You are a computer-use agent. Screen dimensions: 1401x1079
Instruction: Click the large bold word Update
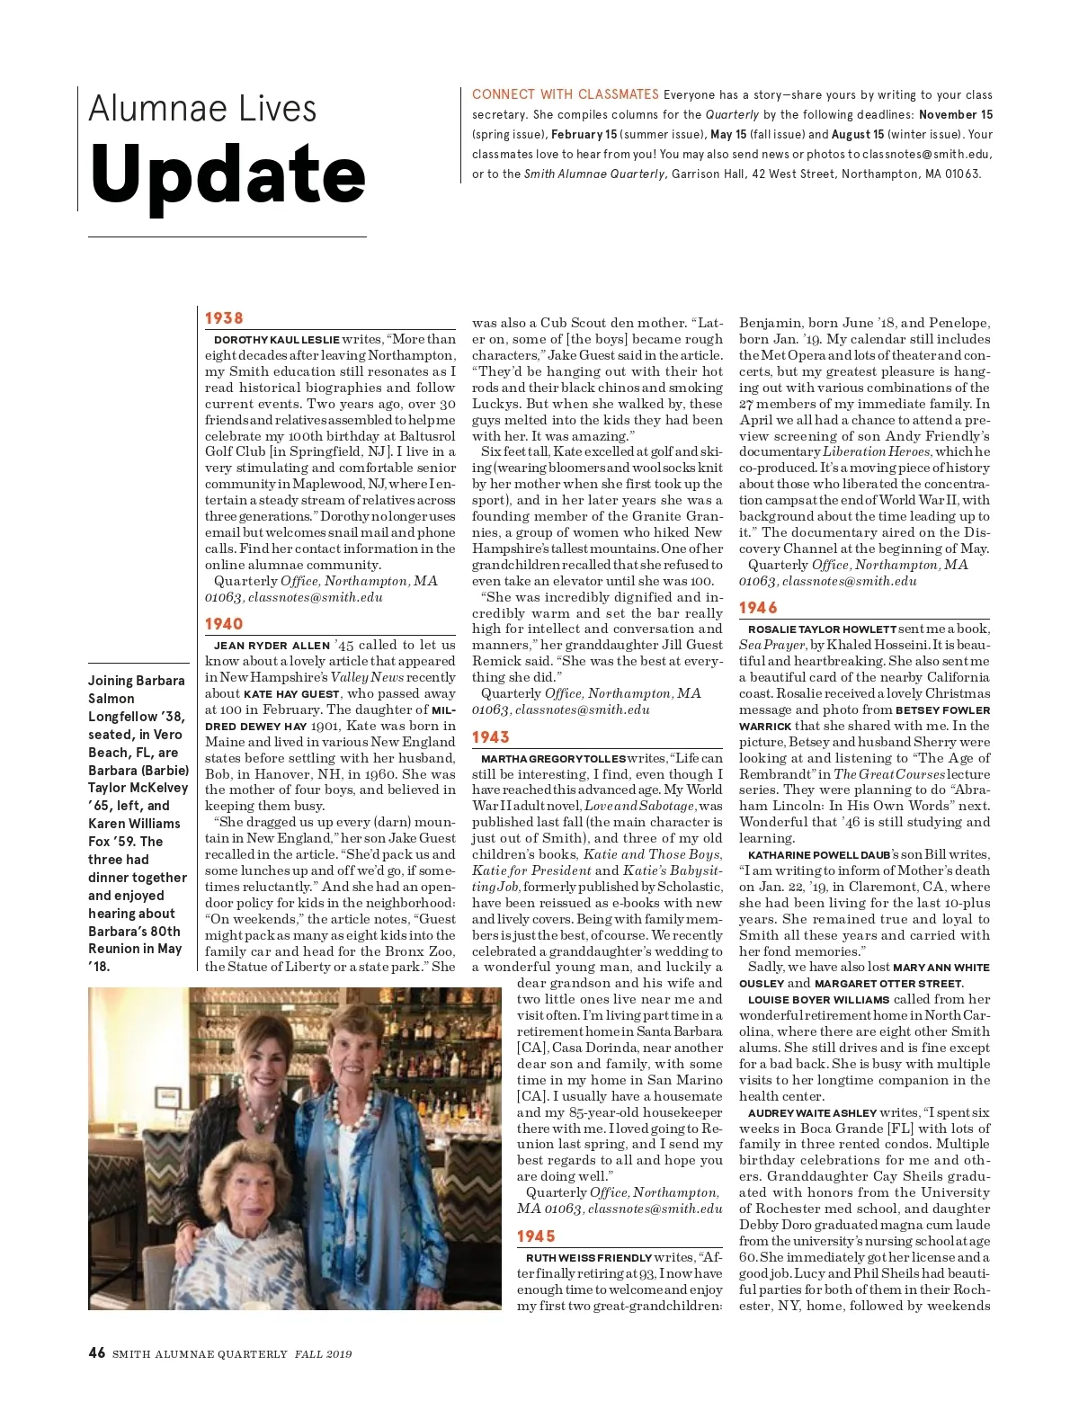coord(227,174)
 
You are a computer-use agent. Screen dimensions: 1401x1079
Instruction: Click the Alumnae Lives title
coord(202,109)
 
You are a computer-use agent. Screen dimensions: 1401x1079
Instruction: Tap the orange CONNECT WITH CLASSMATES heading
coord(565,94)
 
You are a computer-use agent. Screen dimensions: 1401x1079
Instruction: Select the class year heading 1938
coord(224,318)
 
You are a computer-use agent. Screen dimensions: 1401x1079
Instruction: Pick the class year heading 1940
coord(224,624)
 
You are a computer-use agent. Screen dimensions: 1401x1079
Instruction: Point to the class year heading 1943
coord(491,737)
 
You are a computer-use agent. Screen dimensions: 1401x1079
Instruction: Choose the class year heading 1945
coord(536,1236)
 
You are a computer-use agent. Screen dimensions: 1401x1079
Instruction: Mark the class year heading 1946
coord(758,608)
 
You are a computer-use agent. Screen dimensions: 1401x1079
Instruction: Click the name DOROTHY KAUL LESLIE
coord(276,340)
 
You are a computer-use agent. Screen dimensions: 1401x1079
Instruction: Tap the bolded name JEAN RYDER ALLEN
coord(272,646)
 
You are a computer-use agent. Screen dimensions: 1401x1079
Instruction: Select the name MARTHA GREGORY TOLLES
coord(553,759)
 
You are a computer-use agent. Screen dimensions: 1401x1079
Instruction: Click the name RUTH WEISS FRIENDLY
coord(589,1258)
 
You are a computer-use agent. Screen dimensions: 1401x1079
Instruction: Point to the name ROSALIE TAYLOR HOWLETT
coord(822,629)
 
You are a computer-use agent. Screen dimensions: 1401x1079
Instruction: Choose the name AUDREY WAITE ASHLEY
coord(812,1113)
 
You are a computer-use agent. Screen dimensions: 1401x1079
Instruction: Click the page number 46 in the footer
coord(97,1352)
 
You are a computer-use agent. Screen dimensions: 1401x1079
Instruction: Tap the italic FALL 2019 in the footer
coord(323,1354)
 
